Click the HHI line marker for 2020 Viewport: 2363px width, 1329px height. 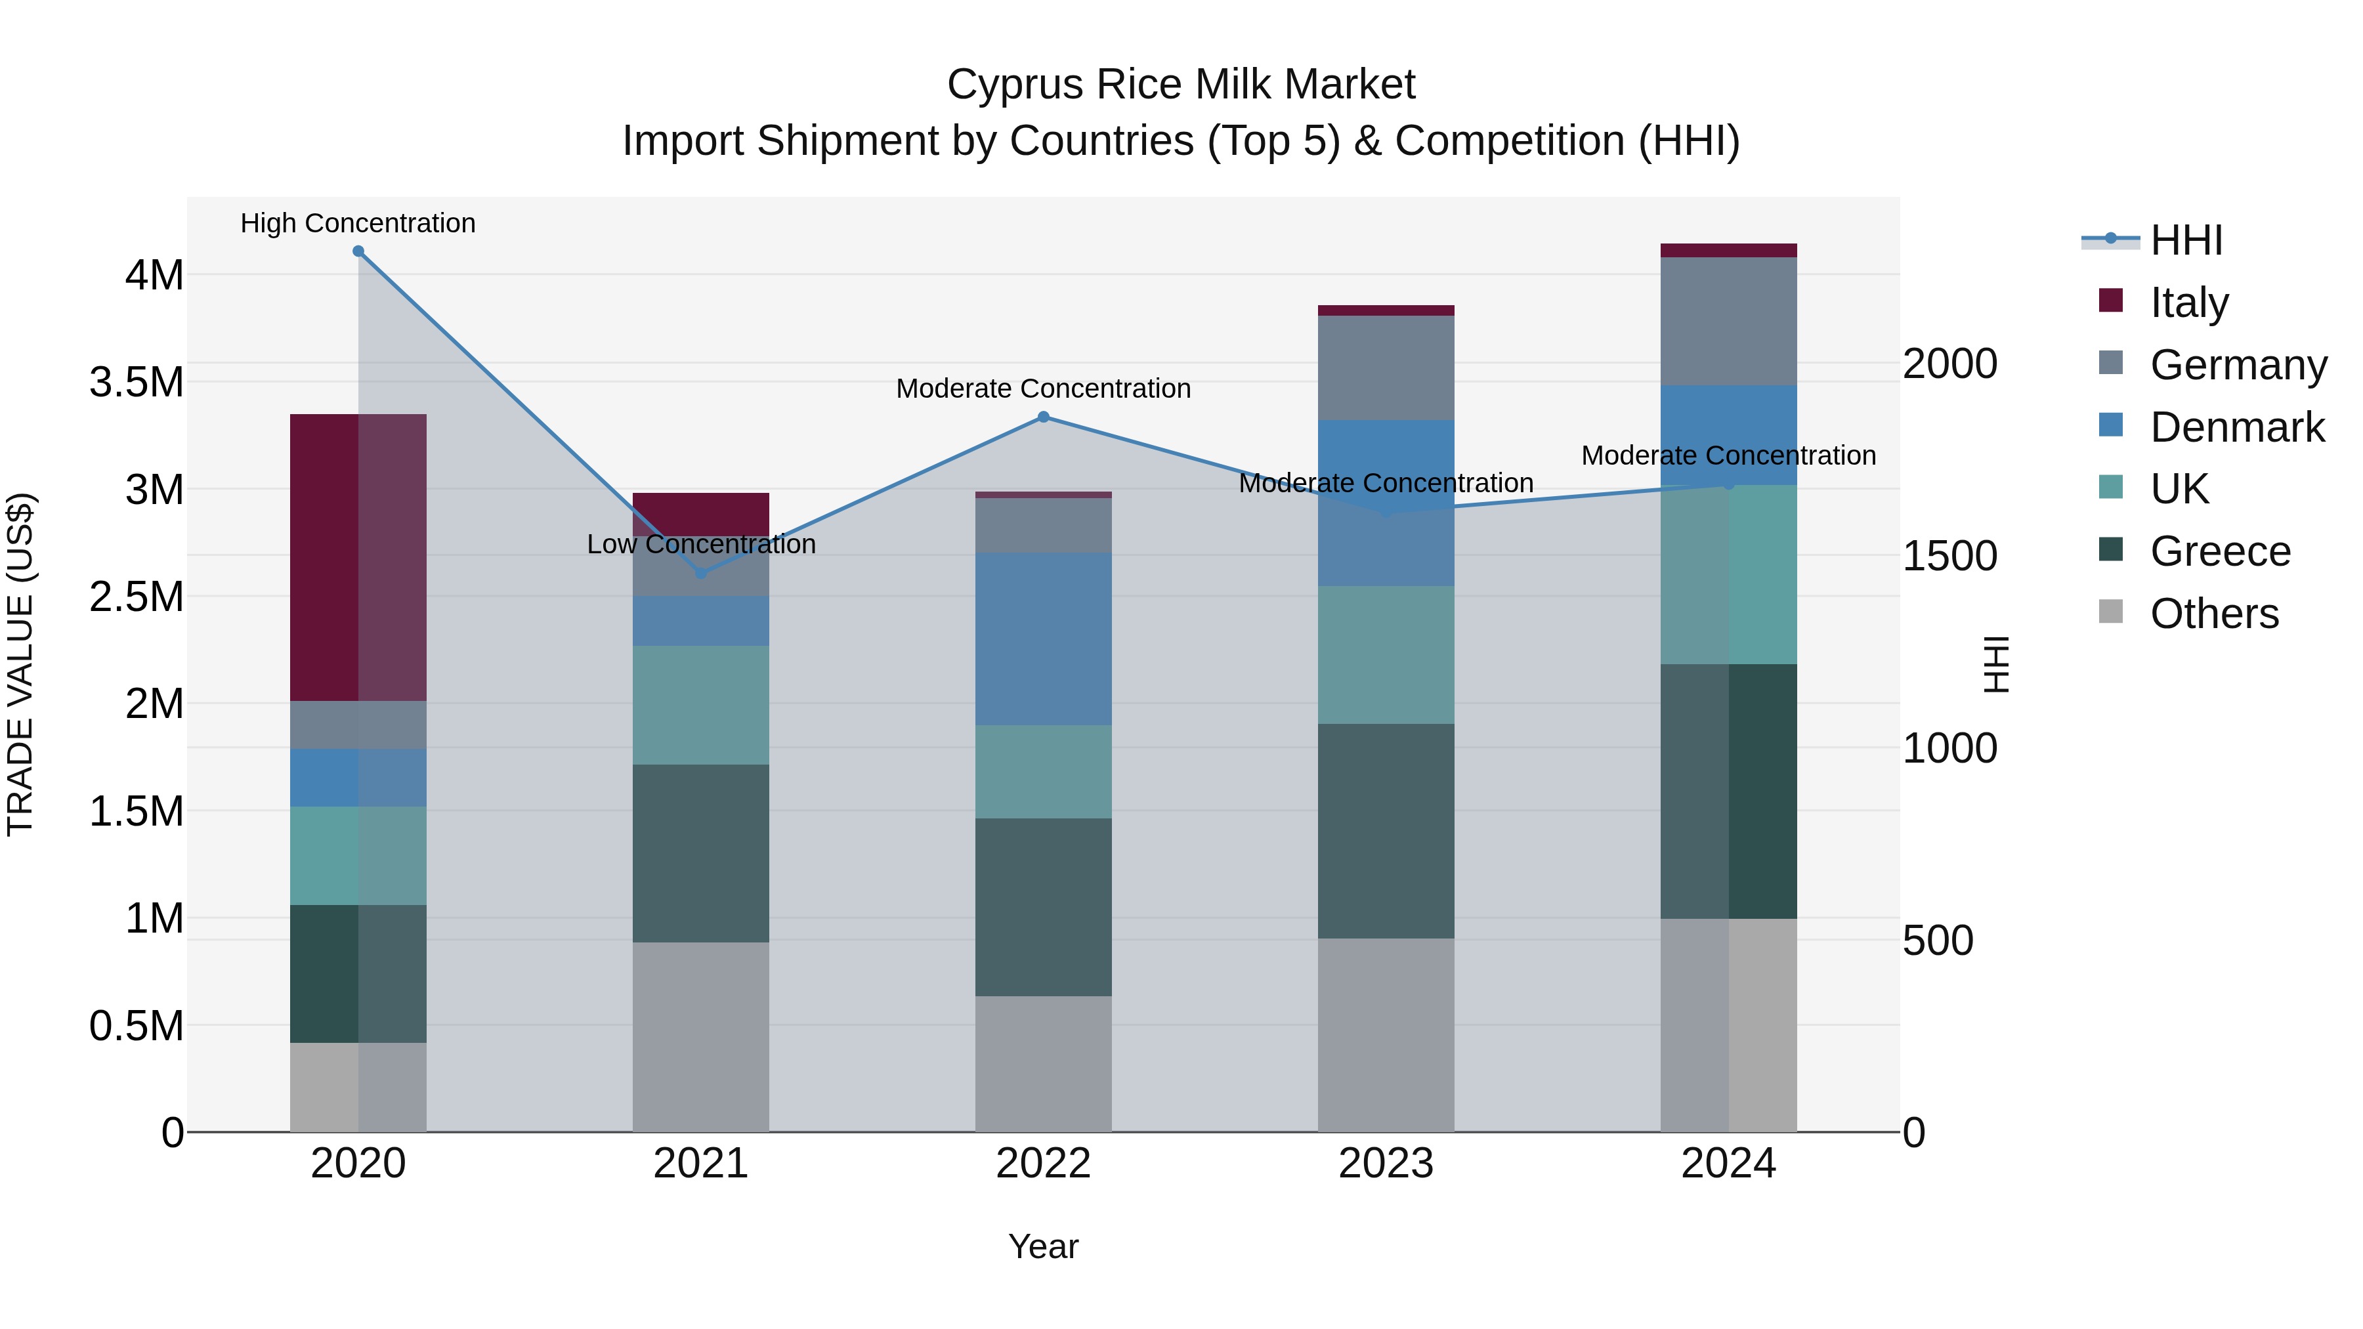pyautogui.click(x=358, y=251)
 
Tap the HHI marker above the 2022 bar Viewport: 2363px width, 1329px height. pyautogui.click(x=1043, y=417)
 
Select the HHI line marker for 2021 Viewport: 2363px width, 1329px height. pyautogui.click(x=701, y=573)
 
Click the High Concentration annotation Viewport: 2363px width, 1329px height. pyautogui.click(x=358, y=223)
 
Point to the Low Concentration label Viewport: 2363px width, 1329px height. pyautogui.click(x=701, y=544)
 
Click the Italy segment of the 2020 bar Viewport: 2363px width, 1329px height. pyautogui.click(x=358, y=558)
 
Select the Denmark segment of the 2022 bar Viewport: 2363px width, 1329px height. pyautogui.click(x=1043, y=639)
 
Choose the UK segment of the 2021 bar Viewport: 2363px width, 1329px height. pyautogui.click(x=701, y=706)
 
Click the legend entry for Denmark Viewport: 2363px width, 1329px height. pyautogui.click(x=2236, y=427)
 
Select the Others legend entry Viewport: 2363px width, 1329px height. pyautogui.click(x=2213, y=614)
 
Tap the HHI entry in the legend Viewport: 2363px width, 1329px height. pyautogui.click(x=2186, y=240)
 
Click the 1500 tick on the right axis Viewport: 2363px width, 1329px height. pyautogui.click(x=1950, y=556)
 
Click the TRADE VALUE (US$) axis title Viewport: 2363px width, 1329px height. pyautogui.click(x=20, y=664)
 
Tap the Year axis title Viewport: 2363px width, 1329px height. pyautogui.click(x=1043, y=1246)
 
